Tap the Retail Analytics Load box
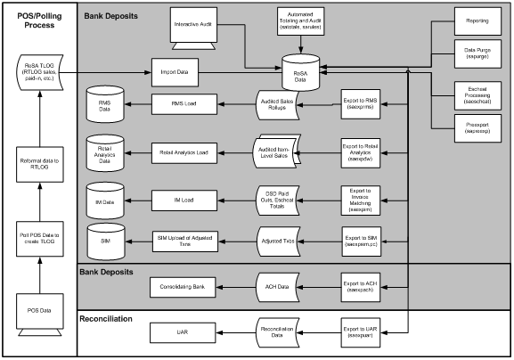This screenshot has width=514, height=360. coord(184,152)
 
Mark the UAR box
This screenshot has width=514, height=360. coord(184,333)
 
